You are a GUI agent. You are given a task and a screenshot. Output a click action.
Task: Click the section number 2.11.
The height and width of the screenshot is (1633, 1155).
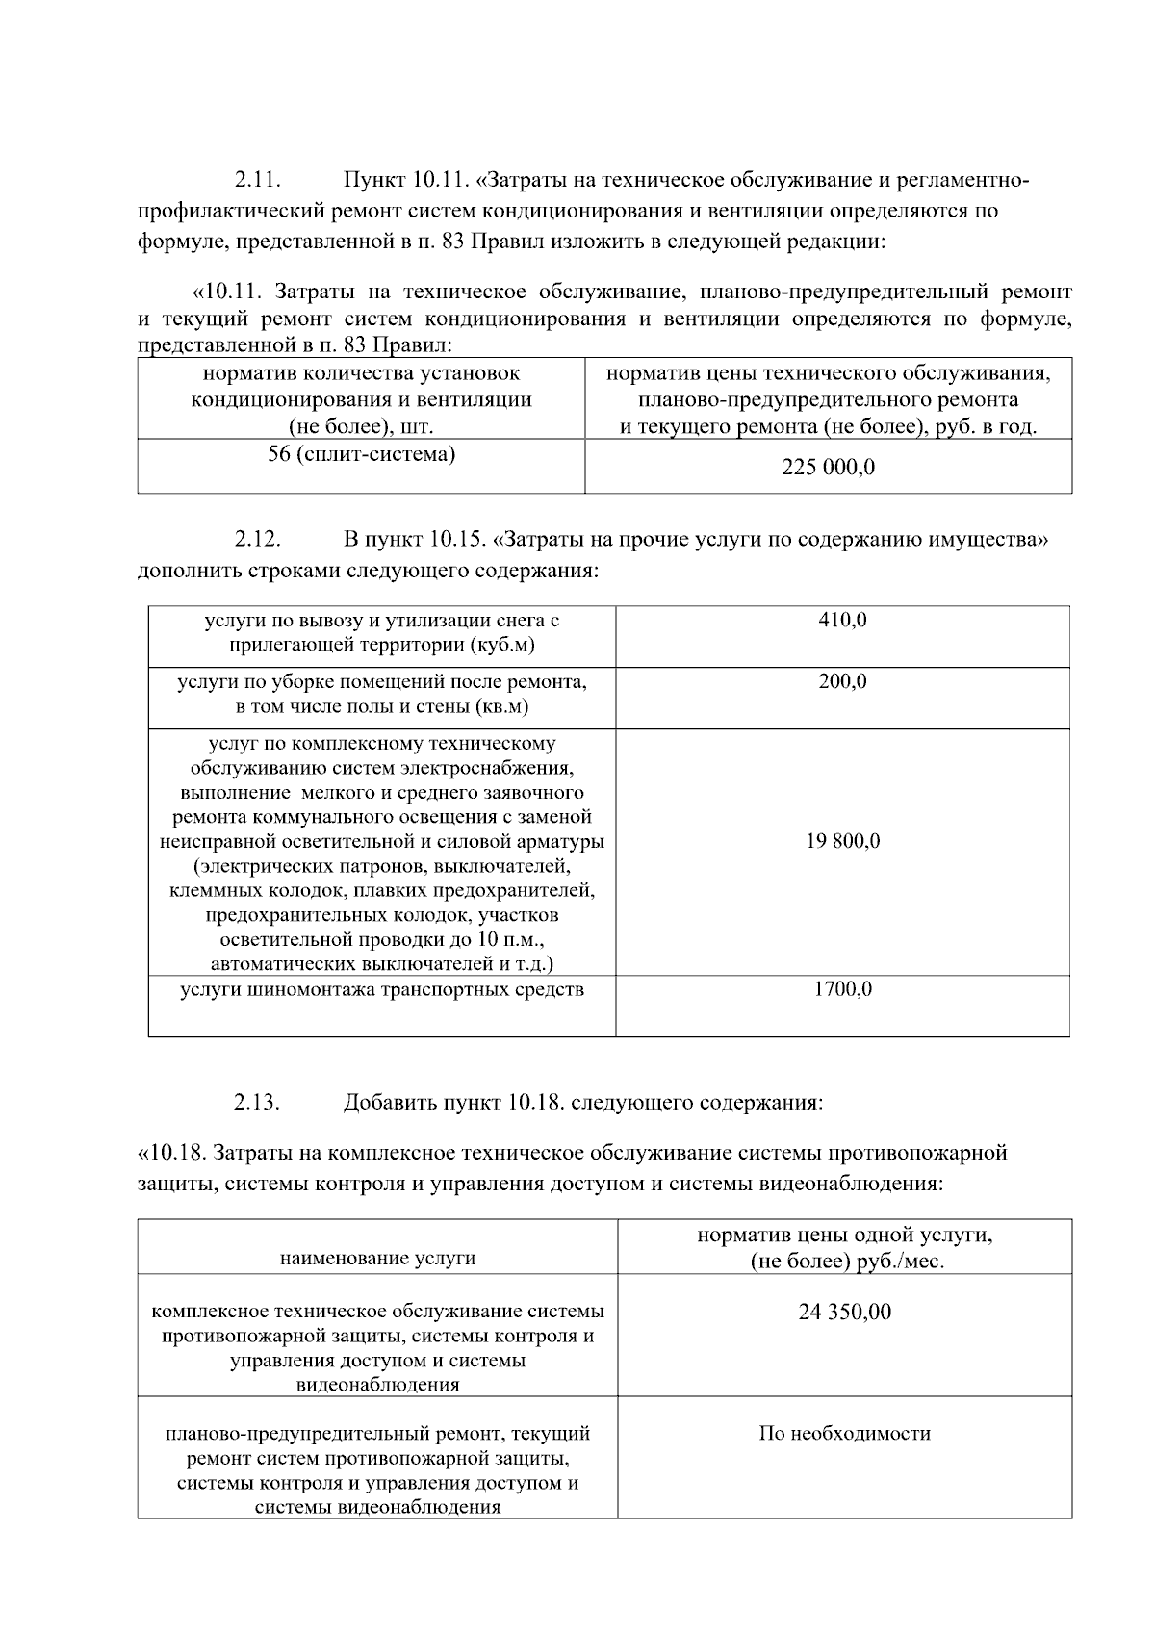257,180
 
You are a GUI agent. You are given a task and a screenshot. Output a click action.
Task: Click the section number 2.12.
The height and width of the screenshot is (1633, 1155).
257,540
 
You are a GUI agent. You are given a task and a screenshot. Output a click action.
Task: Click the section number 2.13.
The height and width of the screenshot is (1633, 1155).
257,1102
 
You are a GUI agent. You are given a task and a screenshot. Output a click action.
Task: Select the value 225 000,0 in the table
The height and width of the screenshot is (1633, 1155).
829,469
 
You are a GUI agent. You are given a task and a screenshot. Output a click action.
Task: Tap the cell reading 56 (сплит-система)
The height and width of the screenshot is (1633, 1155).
362,454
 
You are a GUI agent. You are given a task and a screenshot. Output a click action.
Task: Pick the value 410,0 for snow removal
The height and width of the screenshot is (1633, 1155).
842,621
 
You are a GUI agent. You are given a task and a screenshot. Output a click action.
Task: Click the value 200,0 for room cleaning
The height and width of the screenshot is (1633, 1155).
842,682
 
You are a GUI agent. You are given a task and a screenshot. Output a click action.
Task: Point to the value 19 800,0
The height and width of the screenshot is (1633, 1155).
842,842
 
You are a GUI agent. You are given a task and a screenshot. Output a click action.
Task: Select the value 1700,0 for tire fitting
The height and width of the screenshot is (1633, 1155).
842,989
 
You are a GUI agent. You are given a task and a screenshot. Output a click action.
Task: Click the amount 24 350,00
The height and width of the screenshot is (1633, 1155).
845,1312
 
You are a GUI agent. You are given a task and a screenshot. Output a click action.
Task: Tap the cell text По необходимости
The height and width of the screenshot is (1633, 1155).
845,1434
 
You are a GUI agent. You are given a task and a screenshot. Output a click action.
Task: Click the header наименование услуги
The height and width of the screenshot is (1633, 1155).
377,1259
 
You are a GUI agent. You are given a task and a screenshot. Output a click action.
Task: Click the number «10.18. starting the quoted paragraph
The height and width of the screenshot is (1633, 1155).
172,1153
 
